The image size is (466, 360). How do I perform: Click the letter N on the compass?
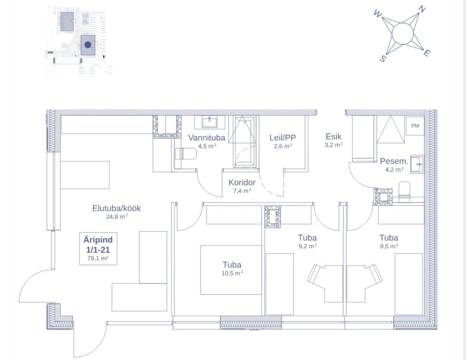pyautogui.click(x=422, y=9)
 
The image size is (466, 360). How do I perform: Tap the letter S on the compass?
pyautogui.click(x=383, y=58)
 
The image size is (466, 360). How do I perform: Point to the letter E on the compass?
pyautogui.click(x=426, y=53)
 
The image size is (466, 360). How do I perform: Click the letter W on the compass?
pyautogui.click(x=377, y=13)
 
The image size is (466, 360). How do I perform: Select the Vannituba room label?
pyautogui.click(x=206, y=138)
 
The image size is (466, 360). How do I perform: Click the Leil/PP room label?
pyautogui.click(x=282, y=138)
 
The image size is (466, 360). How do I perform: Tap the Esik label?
pyautogui.click(x=333, y=136)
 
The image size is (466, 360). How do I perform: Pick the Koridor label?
pyautogui.click(x=242, y=183)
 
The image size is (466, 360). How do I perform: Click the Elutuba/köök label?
pyautogui.click(x=116, y=208)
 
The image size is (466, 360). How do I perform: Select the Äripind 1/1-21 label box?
pyautogui.click(x=98, y=248)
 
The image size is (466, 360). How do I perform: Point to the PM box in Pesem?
pyautogui.click(x=415, y=126)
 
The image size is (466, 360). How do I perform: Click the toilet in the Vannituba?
pyautogui.click(x=186, y=154)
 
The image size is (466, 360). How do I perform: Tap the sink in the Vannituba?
pyautogui.click(x=210, y=122)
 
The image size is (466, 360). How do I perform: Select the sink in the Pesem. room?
pyautogui.click(x=417, y=164)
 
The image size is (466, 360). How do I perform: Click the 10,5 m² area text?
pyautogui.click(x=232, y=273)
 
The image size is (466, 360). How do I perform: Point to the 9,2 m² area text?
pyautogui.click(x=307, y=246)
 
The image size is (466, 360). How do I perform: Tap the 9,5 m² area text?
pyautogui.click(x=389, y=246)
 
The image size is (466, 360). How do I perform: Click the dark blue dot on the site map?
pyautogui.click(x=88, y=45)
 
